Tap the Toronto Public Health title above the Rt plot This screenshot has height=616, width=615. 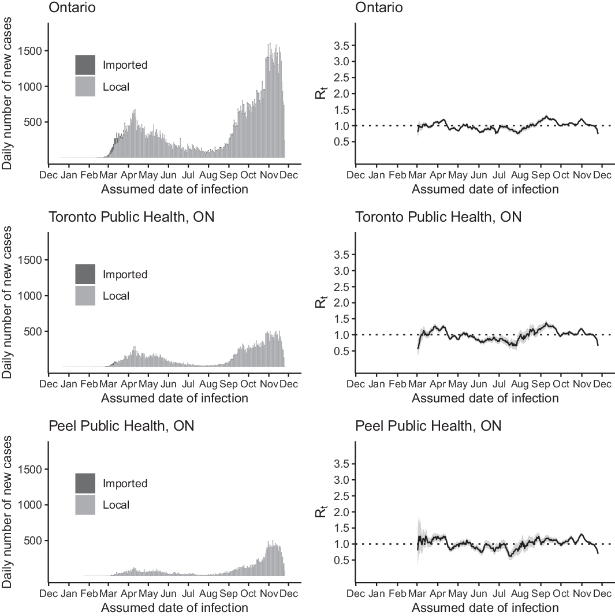pyautogui.click(x=438, y=217)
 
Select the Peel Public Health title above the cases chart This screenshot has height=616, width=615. pyautogui.click(x=121, y=427)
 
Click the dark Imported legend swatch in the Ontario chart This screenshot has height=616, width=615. pyautogui.click(x=85, y=65)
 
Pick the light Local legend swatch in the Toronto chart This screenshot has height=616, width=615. pyautogui.click(x=85, y=296)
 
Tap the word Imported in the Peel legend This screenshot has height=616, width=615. pyautogui.click(x=125, y=484)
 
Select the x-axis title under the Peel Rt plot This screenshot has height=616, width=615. pyautogui.click(x=485, y=607)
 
